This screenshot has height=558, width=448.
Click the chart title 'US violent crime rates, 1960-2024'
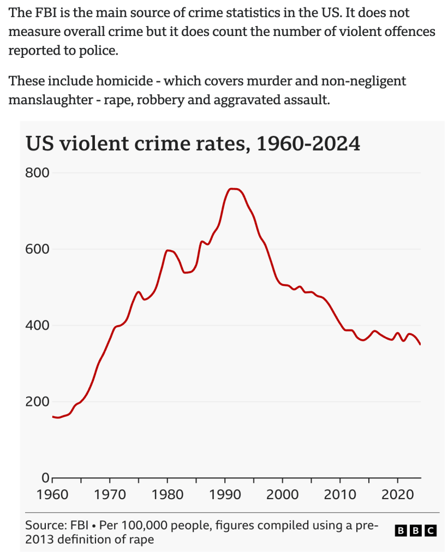point(193,143)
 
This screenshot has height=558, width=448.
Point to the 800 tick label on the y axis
point(37,173)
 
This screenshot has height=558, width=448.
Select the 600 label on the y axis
point(37,249)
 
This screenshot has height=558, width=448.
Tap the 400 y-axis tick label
point(37,326)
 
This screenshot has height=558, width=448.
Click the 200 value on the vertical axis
point(37,402)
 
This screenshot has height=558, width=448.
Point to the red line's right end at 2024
point(420,344)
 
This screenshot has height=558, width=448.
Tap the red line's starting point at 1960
point(53,417)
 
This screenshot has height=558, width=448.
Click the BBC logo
point(416,530)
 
